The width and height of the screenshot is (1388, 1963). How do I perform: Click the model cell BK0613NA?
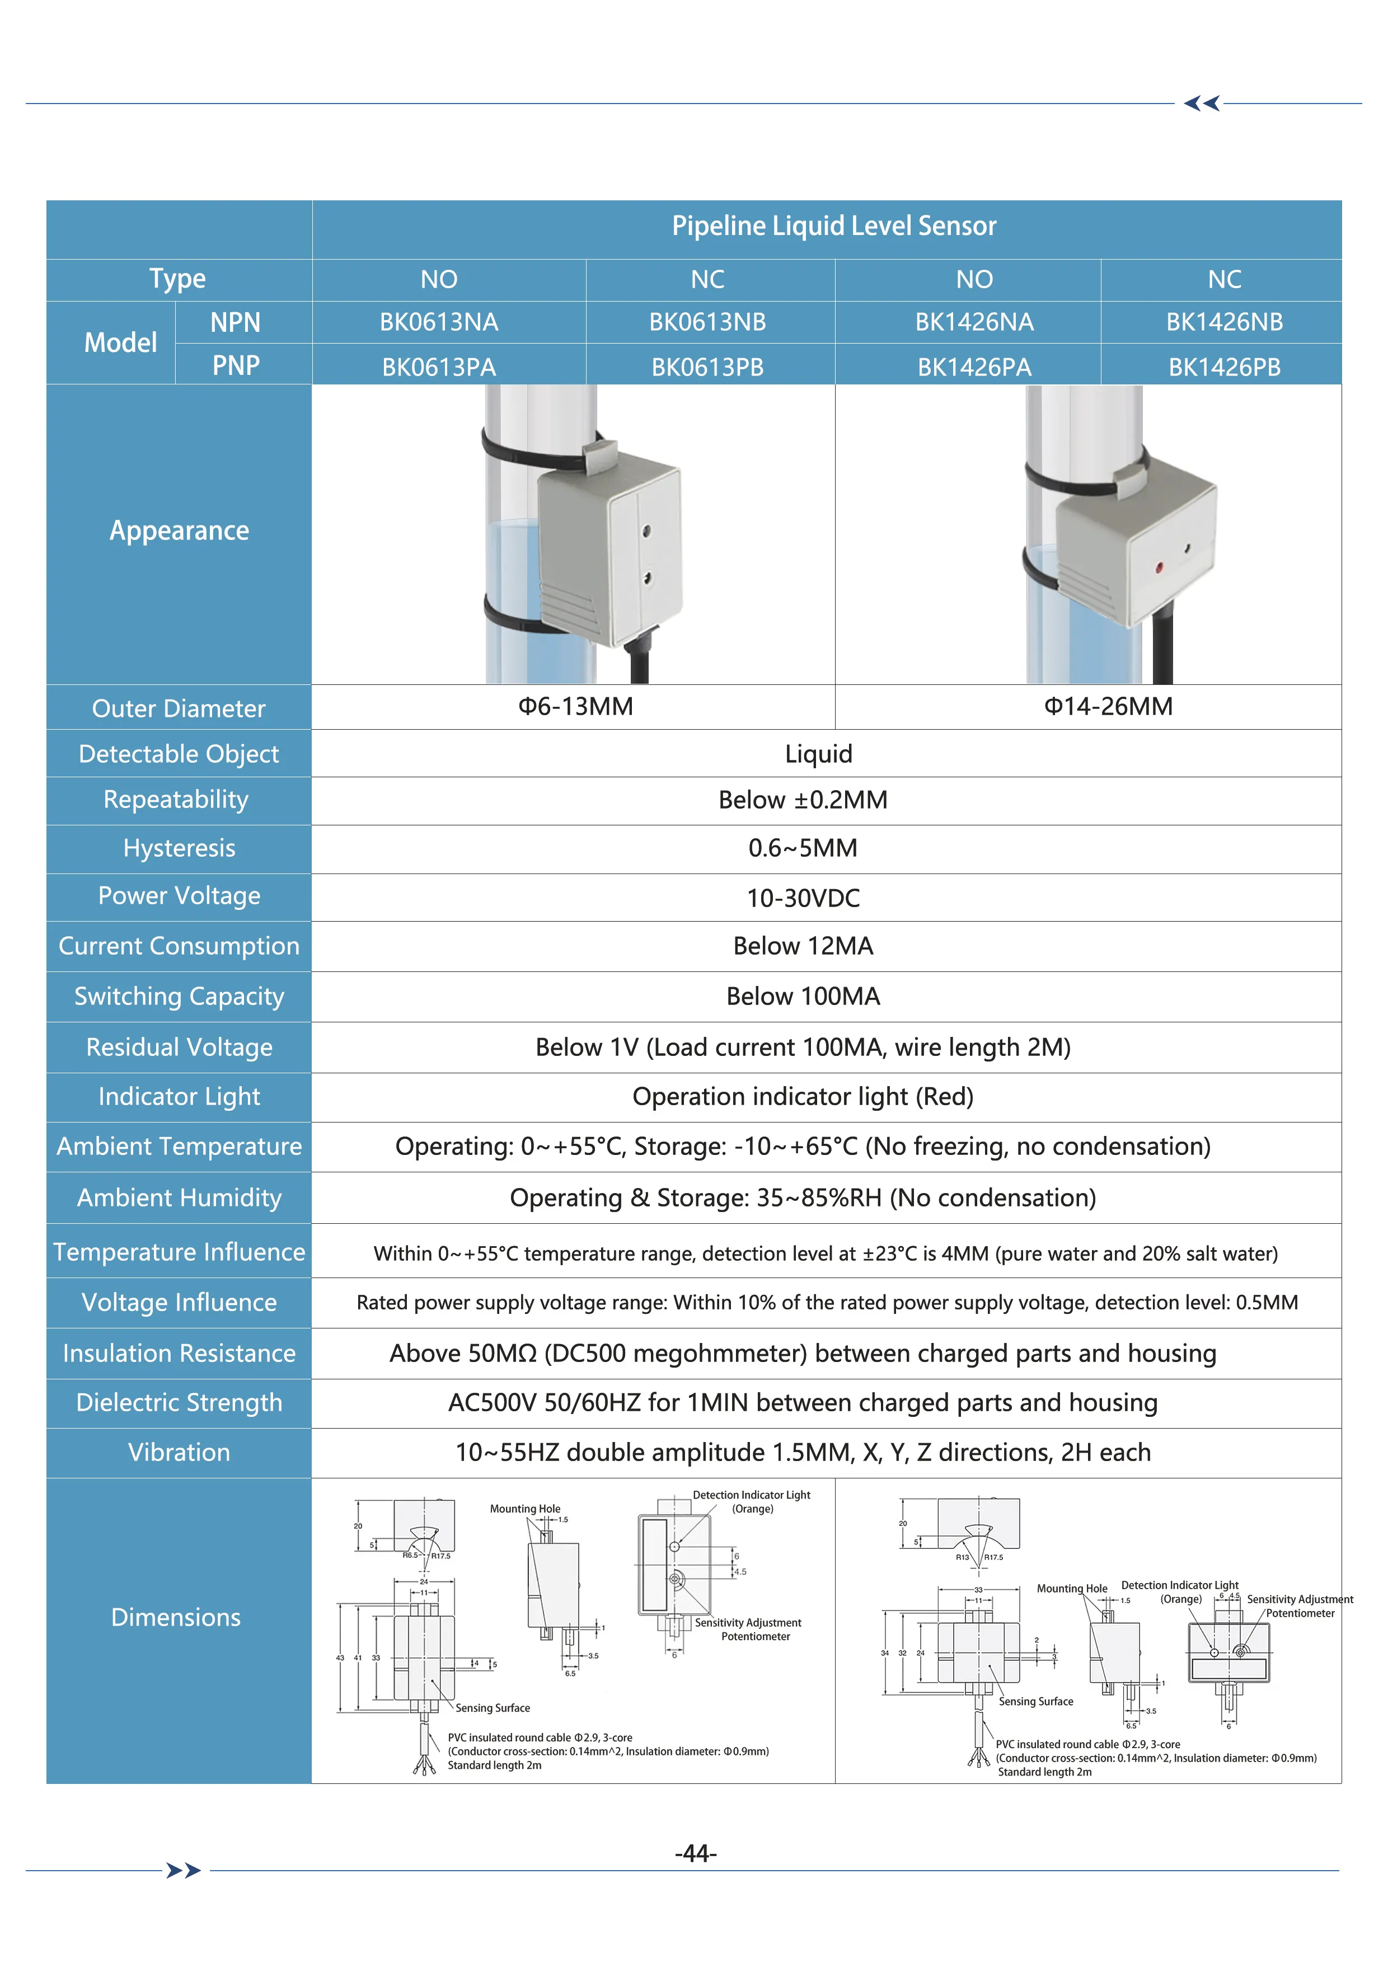[x=439, y=322]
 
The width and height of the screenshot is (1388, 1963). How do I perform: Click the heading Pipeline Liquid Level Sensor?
[x=834, y=226]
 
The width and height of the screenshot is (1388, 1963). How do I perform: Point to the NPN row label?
[x=235, y=322]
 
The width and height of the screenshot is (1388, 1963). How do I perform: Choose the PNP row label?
[x=235, y=366]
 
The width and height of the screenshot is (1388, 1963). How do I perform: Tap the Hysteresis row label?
[x=179, y=848]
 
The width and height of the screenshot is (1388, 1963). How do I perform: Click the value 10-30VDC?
[x=803, y=898]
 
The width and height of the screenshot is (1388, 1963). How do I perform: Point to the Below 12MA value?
[x=803, y=946]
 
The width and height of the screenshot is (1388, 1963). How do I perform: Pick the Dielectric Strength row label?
[x=179, y=1402]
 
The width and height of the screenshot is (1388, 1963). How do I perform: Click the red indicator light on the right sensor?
[x=1159, y=566]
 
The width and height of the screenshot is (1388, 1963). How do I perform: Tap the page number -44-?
[x=695, y=1853]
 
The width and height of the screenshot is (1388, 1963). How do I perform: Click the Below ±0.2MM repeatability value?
[x=803, y=800]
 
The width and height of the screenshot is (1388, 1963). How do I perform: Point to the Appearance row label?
[x=179, y=531]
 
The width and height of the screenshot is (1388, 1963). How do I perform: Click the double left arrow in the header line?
[x=1202, y=104]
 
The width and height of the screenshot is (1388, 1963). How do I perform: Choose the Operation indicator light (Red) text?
[x=803, y=1096]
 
